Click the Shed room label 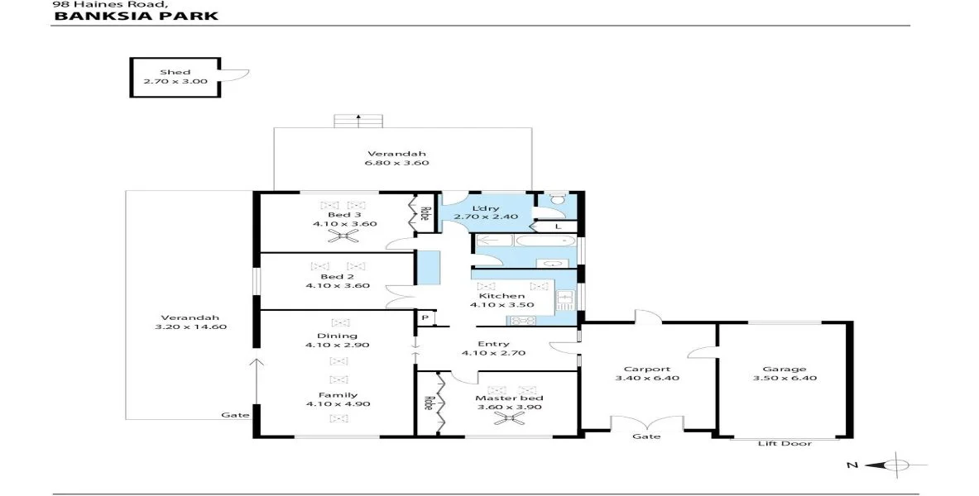tap(175, 73)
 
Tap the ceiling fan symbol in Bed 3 tap(341, 236)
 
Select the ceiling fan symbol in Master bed tap(506, 418)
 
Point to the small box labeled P tap(425, 318)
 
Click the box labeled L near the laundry tap(559, 226)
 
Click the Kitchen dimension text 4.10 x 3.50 tap(501, 305)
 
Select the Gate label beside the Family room tap(229, 415)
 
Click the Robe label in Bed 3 tap(423, 213)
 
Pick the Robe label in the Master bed tap(428, 403)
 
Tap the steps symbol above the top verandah tap(358, 121)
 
